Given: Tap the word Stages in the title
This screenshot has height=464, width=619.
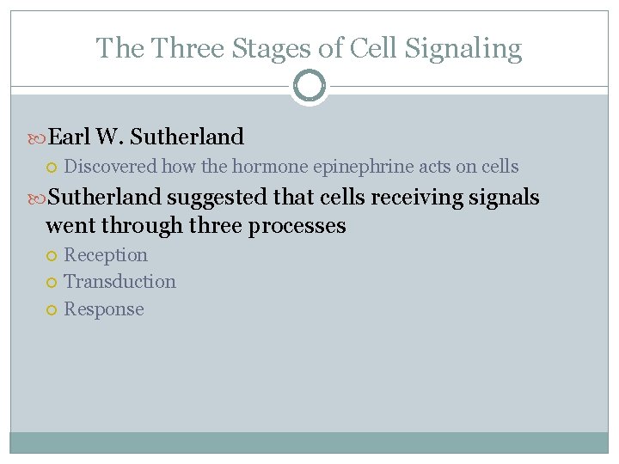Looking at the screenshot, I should [267, 48].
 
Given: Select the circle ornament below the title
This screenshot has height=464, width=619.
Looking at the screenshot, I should [309, 86].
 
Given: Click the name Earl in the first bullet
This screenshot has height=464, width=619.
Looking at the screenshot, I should [70, 137].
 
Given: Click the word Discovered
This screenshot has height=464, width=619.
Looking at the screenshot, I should [111, 167].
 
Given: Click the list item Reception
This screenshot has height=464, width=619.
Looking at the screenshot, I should [106, 255].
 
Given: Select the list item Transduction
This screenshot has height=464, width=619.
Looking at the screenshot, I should [120, 282].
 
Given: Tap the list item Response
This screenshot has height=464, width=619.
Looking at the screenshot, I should [104, 309].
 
